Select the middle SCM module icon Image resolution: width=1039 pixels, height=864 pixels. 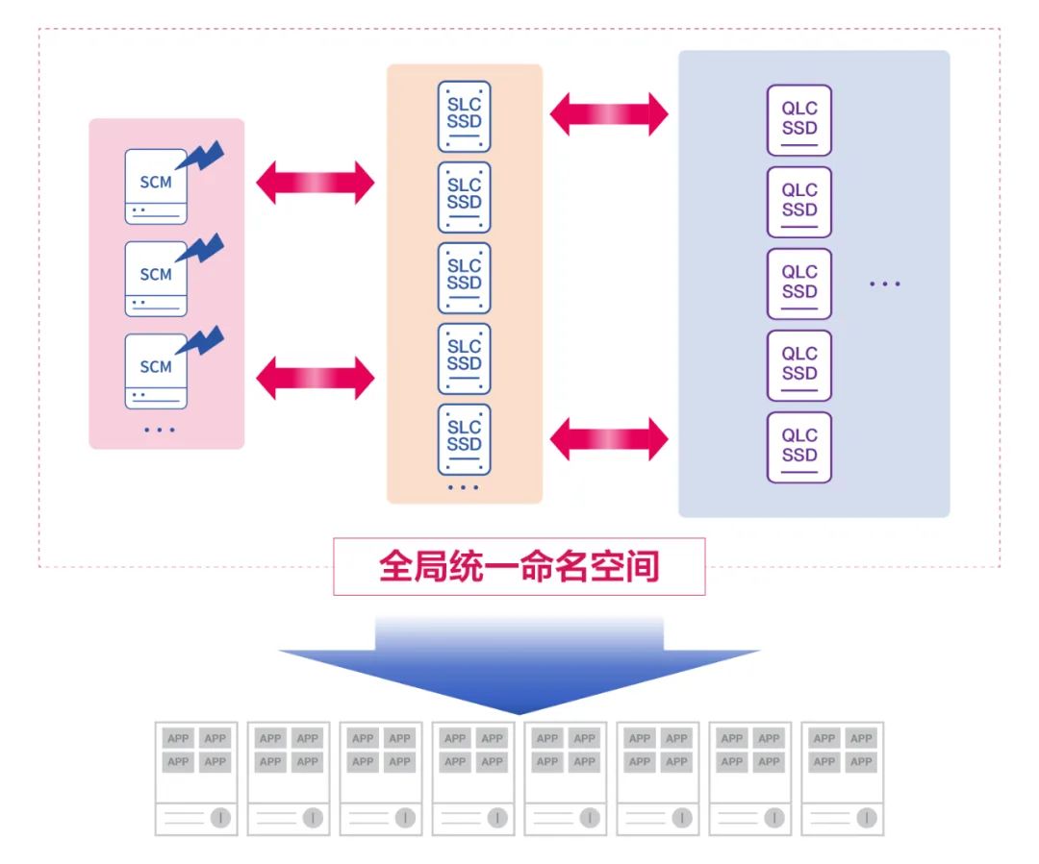point(156,279)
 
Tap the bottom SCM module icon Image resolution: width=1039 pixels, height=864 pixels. point(156,371)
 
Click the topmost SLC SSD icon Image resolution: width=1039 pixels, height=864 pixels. point(464,116)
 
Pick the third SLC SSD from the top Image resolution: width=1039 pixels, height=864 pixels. point(464,278)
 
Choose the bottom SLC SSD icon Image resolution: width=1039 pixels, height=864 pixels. point(464,439)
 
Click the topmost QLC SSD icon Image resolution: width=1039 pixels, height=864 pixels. point(798,120)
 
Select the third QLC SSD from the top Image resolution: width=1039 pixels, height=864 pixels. point(798,284)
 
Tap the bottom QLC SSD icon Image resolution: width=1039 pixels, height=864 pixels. point(798,447)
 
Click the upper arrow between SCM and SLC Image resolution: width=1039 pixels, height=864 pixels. point(315,183)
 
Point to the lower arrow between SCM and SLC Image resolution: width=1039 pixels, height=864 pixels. point(315,377)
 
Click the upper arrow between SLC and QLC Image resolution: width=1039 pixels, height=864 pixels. point(609,114)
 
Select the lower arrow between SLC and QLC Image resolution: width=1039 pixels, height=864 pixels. point(609,439)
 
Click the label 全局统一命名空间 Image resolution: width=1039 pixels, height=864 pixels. point(519,566)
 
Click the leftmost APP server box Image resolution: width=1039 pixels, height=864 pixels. point(196,778)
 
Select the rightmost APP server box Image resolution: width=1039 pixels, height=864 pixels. point(842,778)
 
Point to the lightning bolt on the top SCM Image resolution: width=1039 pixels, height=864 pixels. point(204,157)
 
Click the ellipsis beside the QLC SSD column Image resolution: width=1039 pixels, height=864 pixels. point(884,284)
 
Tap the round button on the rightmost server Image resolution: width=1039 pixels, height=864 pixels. point(867,818)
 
